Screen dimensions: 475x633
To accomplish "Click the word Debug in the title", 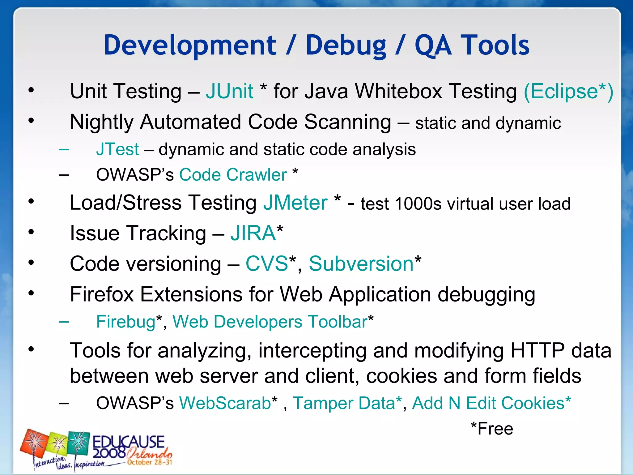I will tap(346, 45).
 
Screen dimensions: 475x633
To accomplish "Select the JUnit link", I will tap(230, 91).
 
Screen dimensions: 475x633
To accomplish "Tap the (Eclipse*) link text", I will tap(568, 91).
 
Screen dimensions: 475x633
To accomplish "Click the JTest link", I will tap(117, 149).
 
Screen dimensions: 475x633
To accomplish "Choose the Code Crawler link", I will tap(233, 175).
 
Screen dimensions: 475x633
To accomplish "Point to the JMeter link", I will tap(295, 203).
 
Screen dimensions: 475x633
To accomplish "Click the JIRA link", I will tap(253, 233).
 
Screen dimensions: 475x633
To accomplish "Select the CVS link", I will tap(267, 264).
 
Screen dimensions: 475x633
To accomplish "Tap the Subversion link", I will tap(361, 264).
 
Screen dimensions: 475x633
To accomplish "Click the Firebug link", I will tap(126, 322).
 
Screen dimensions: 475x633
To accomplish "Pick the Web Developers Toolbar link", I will tap(270, 322).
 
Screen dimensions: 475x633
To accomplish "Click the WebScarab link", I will tap(225, 403).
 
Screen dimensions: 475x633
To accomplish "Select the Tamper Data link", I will tap(344, 403).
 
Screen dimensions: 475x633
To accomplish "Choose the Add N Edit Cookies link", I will tap(488, 403).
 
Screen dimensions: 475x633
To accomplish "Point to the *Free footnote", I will tap(492, 429).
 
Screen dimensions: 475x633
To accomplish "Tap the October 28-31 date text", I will tap(149, 462).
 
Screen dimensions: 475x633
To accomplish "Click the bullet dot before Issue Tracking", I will tap(31, 232).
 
